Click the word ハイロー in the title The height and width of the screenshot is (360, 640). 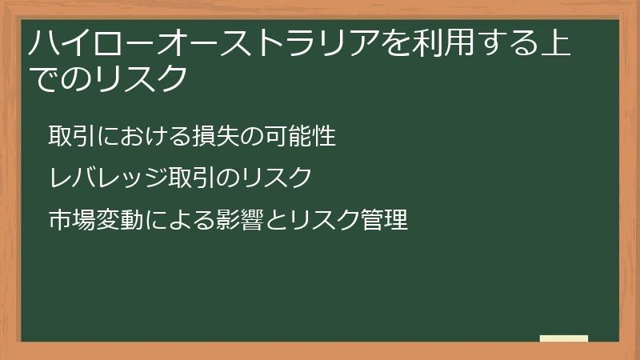(78, 42)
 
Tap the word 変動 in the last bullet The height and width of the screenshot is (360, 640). (107, 218)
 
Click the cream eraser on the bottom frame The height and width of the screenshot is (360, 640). (564, 338)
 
